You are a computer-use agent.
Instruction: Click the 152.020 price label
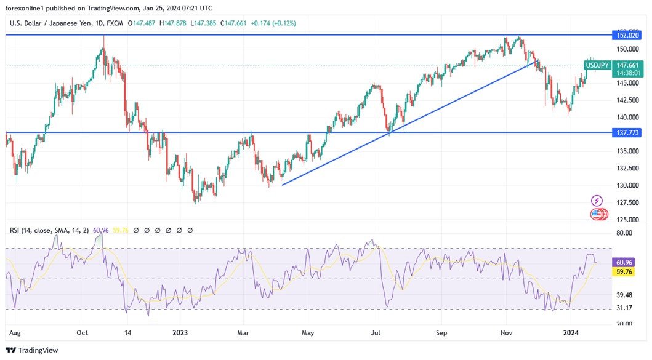pos(626,36)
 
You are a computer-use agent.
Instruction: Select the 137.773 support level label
pos(626,132)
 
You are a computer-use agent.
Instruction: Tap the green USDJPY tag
pos(597,65)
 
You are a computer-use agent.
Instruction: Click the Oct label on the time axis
pos(83,333)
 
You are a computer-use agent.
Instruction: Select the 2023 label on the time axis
pos(180,333)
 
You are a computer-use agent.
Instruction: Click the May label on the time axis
pos(308,333)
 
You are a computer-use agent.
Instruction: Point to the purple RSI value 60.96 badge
pos(624,262)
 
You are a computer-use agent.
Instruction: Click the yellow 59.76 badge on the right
pos(624,271)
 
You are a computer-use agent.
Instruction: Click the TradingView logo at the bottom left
pos(31,350)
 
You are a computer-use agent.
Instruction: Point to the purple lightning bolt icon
pos(597,201)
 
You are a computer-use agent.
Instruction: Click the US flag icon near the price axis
pos(597,215)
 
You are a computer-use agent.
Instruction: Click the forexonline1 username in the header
pos(28,8)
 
